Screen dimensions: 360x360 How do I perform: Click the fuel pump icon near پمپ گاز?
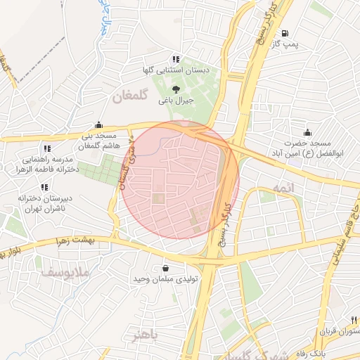coord(284,33)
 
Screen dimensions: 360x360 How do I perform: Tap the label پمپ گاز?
coord(287,45)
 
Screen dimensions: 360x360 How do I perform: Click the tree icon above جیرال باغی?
coord(175,88)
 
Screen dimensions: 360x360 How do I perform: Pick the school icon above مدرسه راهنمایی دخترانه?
coord(46,148)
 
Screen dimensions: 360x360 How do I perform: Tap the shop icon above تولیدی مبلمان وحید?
coord(165,268)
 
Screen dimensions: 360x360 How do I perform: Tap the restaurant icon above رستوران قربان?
coord(354,319)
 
